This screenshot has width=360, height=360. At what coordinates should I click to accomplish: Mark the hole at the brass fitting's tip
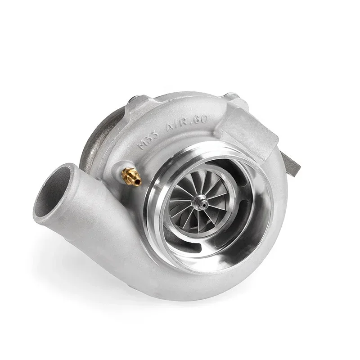[x=139, y=181]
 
